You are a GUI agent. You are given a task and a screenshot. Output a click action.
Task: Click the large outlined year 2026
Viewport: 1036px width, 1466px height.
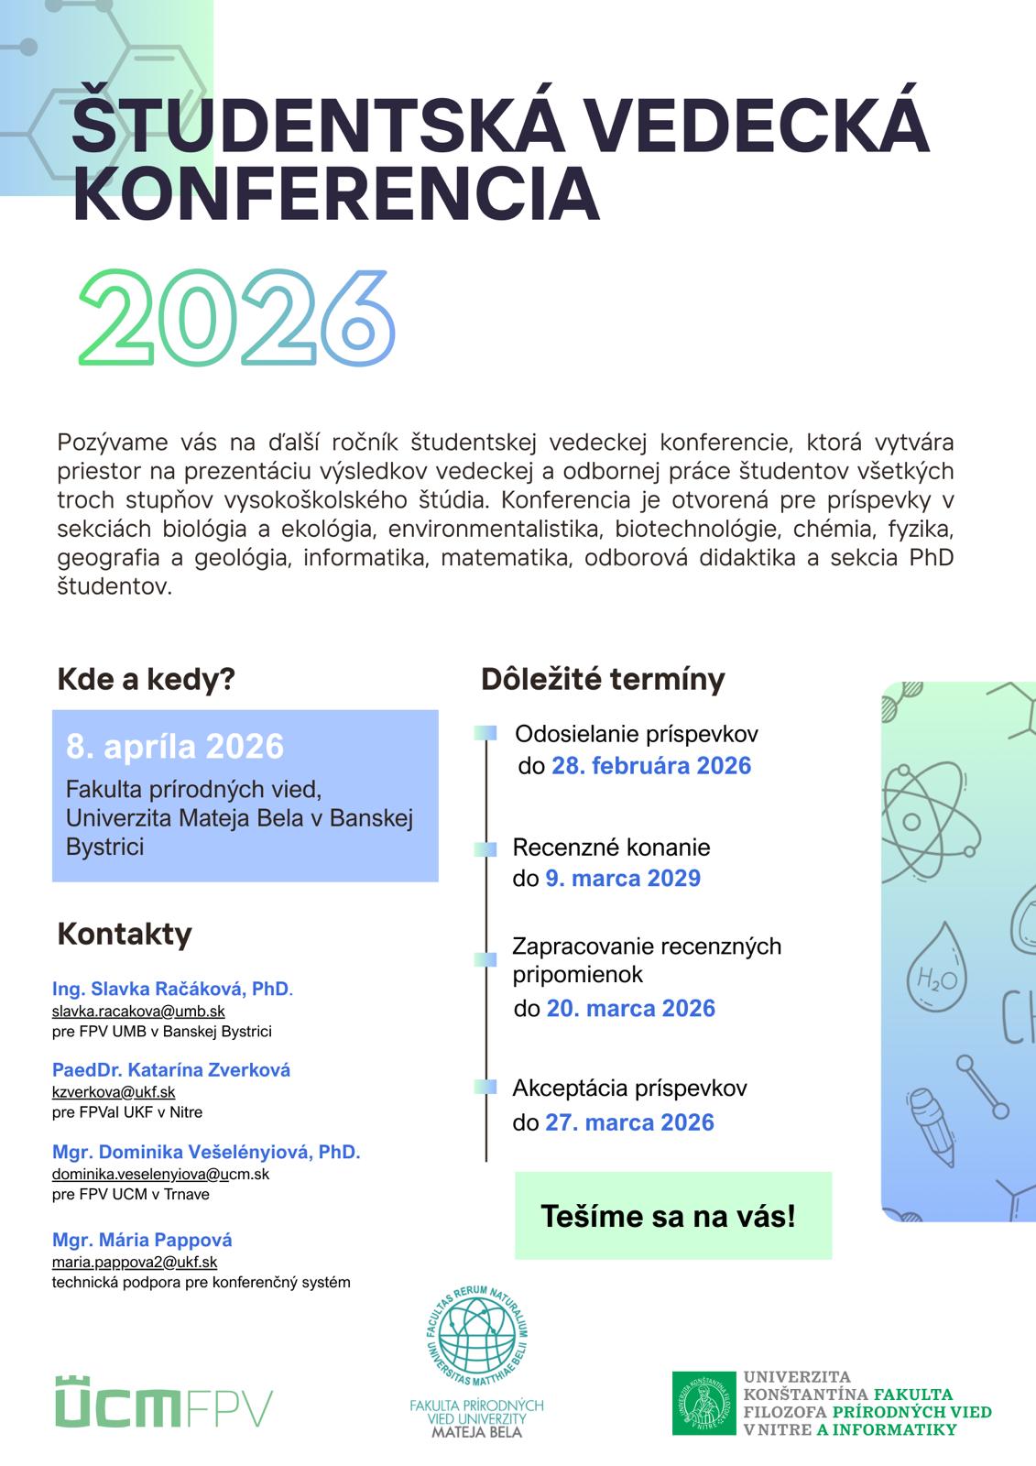coord(237,317)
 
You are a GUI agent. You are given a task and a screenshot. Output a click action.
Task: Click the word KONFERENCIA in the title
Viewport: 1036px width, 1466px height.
coord(336,194)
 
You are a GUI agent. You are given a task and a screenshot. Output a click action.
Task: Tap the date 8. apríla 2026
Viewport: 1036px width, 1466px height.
coord(175,747)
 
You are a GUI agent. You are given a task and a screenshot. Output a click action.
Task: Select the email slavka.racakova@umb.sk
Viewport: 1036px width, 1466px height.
coord(138,1011)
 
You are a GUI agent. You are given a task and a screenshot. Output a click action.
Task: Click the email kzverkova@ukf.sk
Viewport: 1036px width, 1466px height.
coord(114,1091)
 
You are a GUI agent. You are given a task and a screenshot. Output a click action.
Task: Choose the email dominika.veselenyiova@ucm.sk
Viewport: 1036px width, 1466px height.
coord(160,1174)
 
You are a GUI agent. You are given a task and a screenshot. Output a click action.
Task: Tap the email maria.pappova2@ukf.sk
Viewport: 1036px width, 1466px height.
coord(135,1262)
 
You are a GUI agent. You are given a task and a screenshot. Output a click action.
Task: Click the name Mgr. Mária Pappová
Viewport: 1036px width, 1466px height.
coord(142,1240)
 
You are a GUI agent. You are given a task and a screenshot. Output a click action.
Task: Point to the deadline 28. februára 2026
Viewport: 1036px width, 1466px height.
coord(651,766)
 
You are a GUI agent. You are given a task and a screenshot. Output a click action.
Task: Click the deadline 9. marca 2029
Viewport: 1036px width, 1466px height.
coord(623,878)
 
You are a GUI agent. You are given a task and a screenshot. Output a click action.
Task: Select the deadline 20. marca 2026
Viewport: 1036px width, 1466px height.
coord(631,1009)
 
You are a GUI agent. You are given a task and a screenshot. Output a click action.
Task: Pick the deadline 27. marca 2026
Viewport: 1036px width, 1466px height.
coord(629,1122)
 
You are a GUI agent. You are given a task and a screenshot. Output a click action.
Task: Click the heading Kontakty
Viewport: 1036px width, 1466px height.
coord(125,934)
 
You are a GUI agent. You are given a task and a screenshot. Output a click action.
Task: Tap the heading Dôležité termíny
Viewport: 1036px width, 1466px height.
coord(603,679)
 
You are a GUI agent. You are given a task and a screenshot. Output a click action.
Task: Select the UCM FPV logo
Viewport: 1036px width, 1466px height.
coord(163,1402)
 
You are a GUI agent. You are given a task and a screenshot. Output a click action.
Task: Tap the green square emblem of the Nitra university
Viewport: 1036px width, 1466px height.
coord(703,1403)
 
